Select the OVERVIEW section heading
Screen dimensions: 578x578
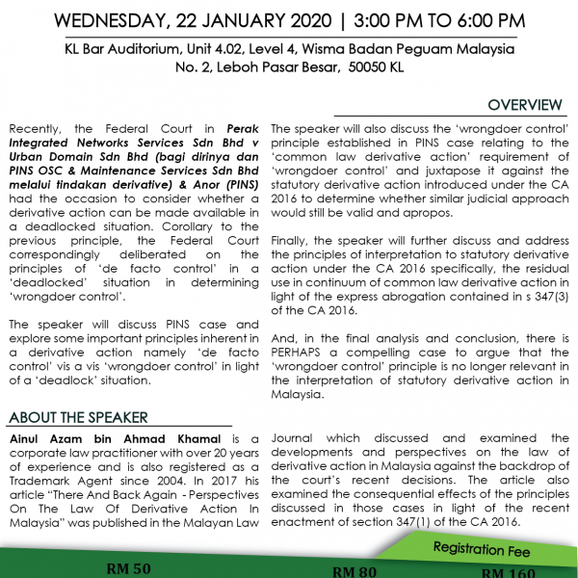point(524,105)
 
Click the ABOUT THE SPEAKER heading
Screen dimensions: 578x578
point(78,417)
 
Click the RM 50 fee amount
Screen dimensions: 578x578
point(128,568)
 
